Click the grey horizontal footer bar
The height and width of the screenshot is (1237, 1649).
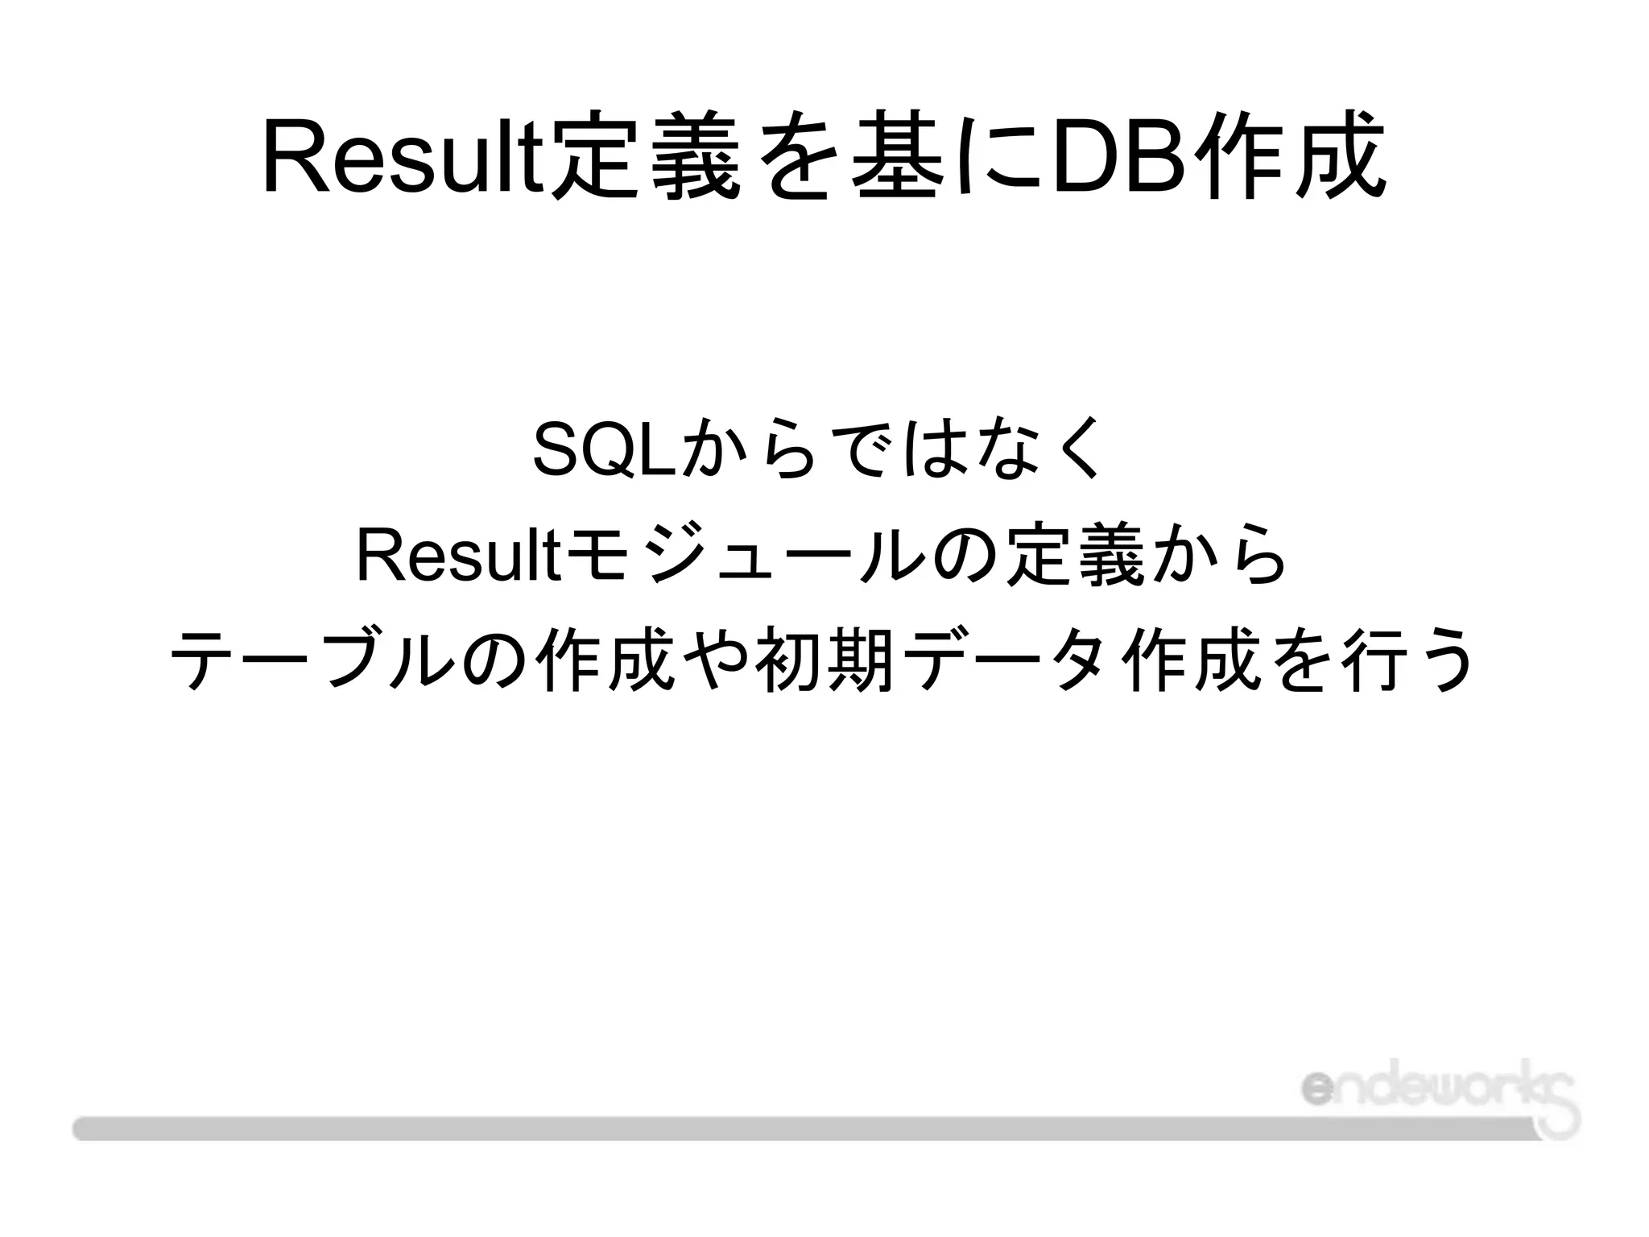coord(725,1127)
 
